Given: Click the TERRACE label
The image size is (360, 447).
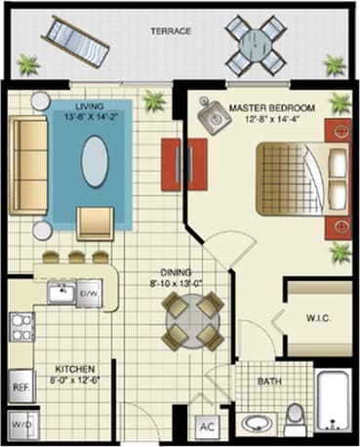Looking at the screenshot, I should (171, 31).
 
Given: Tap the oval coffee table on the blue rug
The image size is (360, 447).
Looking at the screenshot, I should (95, 160).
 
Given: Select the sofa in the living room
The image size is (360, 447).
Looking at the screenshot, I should (28, 166).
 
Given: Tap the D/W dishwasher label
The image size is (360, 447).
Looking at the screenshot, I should (89, 292).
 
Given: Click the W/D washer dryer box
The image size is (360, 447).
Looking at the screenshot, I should (20, 427).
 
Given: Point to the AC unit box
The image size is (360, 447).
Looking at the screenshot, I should (207, 427).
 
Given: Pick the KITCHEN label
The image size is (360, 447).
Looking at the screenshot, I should (73, 368).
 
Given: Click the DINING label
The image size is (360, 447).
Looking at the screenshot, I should (177, 273).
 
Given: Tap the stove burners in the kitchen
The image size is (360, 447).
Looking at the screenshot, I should (20, 328).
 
